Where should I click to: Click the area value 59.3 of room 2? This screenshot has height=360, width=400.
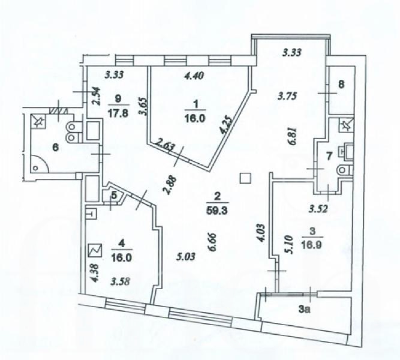point(217,211)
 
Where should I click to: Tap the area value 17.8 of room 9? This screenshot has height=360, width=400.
point(118,113)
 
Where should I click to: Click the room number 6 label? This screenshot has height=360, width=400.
point(55,148)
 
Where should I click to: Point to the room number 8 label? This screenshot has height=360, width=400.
point(341,84)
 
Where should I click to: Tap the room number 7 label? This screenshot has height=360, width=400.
point(329,156)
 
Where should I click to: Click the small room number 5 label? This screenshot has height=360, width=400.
point(114,196)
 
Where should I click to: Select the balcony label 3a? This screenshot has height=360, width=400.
point(305,310)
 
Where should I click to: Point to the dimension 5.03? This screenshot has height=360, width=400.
point(186,256)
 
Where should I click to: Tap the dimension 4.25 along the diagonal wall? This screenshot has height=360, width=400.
point(227,125)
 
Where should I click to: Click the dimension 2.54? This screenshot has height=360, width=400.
point(96,96)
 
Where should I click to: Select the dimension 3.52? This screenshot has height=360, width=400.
point(318,209)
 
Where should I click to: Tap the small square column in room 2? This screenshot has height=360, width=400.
point(245,178)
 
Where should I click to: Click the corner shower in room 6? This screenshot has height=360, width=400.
point(39,164)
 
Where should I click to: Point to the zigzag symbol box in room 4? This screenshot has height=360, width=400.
point(95,250)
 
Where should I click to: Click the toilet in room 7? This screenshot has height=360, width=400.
point(345,169)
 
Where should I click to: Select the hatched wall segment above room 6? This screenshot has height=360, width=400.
point(58,111)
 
